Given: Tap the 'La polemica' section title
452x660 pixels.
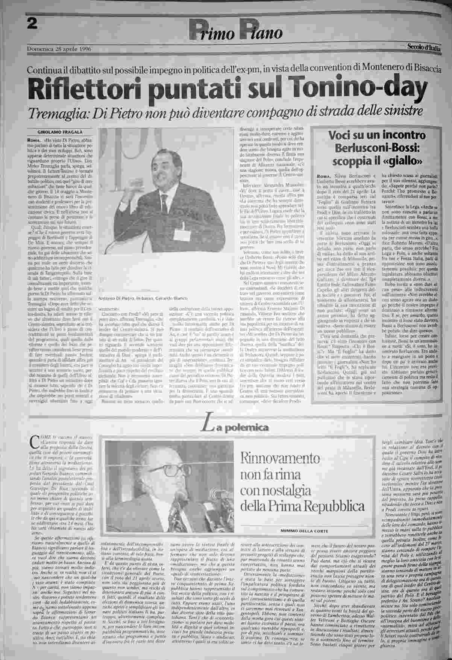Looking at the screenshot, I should coord(235,427).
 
